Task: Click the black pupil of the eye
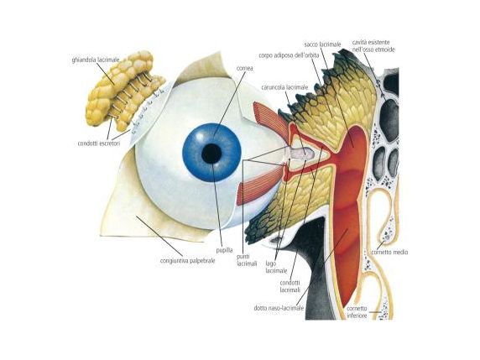point(211,153)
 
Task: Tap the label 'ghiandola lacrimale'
point(96,60)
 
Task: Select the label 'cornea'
point(244,68)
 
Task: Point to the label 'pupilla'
point(224,250)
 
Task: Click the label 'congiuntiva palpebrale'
point(188,261)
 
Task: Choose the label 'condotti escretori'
point(99,143)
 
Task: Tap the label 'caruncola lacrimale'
point(284,87)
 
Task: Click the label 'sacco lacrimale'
point(322,44)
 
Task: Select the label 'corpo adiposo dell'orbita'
point(289,55)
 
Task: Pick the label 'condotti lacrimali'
point(290,286)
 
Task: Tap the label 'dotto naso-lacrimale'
point(279,308)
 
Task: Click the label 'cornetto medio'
point(389,253)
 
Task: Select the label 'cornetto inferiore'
point(357,312)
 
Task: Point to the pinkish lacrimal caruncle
point(301,154)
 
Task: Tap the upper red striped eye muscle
point(270,117)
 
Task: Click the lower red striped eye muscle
point(260,187)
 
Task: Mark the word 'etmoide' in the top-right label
point(386,50)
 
